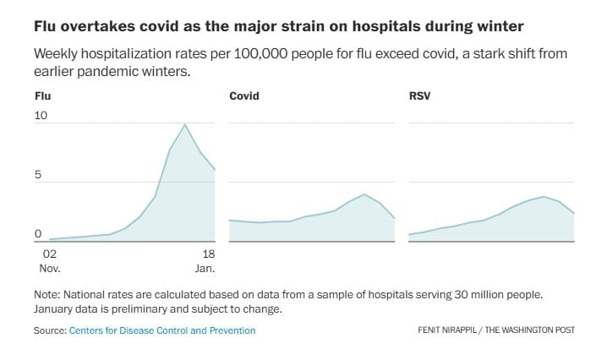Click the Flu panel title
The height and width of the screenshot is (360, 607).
[42, 96]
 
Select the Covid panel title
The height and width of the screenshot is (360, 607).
[244, 96]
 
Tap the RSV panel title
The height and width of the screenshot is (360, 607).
[419, 96]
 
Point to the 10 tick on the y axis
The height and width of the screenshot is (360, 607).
[41, 115]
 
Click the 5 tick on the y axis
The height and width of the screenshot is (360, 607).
[38, 175]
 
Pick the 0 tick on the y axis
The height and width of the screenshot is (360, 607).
[38, 234]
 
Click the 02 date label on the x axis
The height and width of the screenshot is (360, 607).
[49, 254]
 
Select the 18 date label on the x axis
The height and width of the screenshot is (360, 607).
[209, 254]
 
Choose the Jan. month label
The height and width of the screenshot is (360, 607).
[205, 269]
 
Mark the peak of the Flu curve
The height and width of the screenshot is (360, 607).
[185, 124]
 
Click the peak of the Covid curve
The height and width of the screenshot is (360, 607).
[364, 194]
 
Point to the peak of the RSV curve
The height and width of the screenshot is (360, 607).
[544, 196]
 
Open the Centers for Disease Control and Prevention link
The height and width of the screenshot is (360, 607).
[162, 330]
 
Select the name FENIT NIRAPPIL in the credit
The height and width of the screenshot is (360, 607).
[449, 330]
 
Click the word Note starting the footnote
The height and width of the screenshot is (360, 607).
[47, 294]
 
